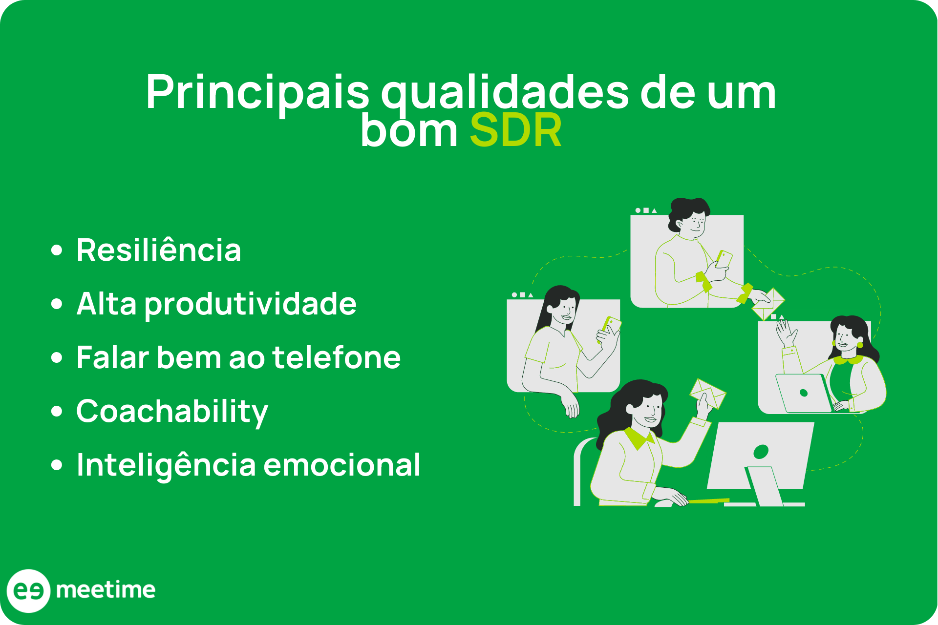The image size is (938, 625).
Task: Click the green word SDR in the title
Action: coord(515,131)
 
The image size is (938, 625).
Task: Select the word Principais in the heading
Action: coord(257,93)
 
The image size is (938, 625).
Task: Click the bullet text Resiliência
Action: coord(159,250)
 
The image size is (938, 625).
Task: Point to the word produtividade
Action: coord(251,304)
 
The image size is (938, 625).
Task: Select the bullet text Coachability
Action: coord(172,412)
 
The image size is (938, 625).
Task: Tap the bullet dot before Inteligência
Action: coord(57,465)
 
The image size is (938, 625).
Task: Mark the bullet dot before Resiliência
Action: coord(57,250)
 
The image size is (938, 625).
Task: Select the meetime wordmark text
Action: coord(106,590)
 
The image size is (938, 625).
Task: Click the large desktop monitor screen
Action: coord(760,454)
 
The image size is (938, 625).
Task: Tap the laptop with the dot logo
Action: coord(804,393)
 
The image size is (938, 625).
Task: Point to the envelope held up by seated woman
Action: coord(707,393)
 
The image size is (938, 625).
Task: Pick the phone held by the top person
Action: coord(724,259)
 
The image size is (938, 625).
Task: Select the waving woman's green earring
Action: coord(860,345)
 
